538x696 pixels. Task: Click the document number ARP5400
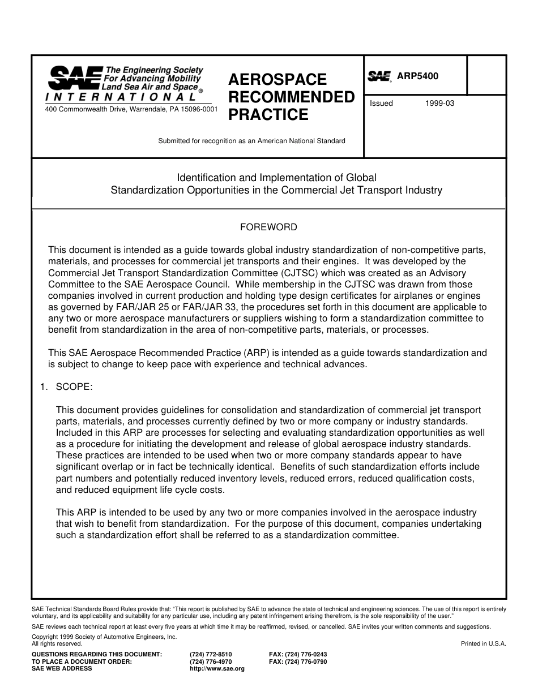(x=417, y=76)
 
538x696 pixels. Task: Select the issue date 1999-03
(x=439, y=104)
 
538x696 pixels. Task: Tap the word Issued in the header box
(x=381, y=104)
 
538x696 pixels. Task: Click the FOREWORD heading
(x=268, y=227)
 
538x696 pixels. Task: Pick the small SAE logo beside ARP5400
(x=379, y=76)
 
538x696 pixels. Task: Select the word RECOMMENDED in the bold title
(x=291, y=97)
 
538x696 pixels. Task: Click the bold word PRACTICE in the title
(x=268, y=115)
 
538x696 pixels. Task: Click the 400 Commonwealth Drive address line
(x=131, y=109)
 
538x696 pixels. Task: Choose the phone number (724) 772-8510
(x=211, y=654)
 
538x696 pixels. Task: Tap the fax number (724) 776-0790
(x=298, y=661)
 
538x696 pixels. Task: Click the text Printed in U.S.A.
(x=483, y=643)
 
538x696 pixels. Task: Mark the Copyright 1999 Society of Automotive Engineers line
(x=104, y=637)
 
